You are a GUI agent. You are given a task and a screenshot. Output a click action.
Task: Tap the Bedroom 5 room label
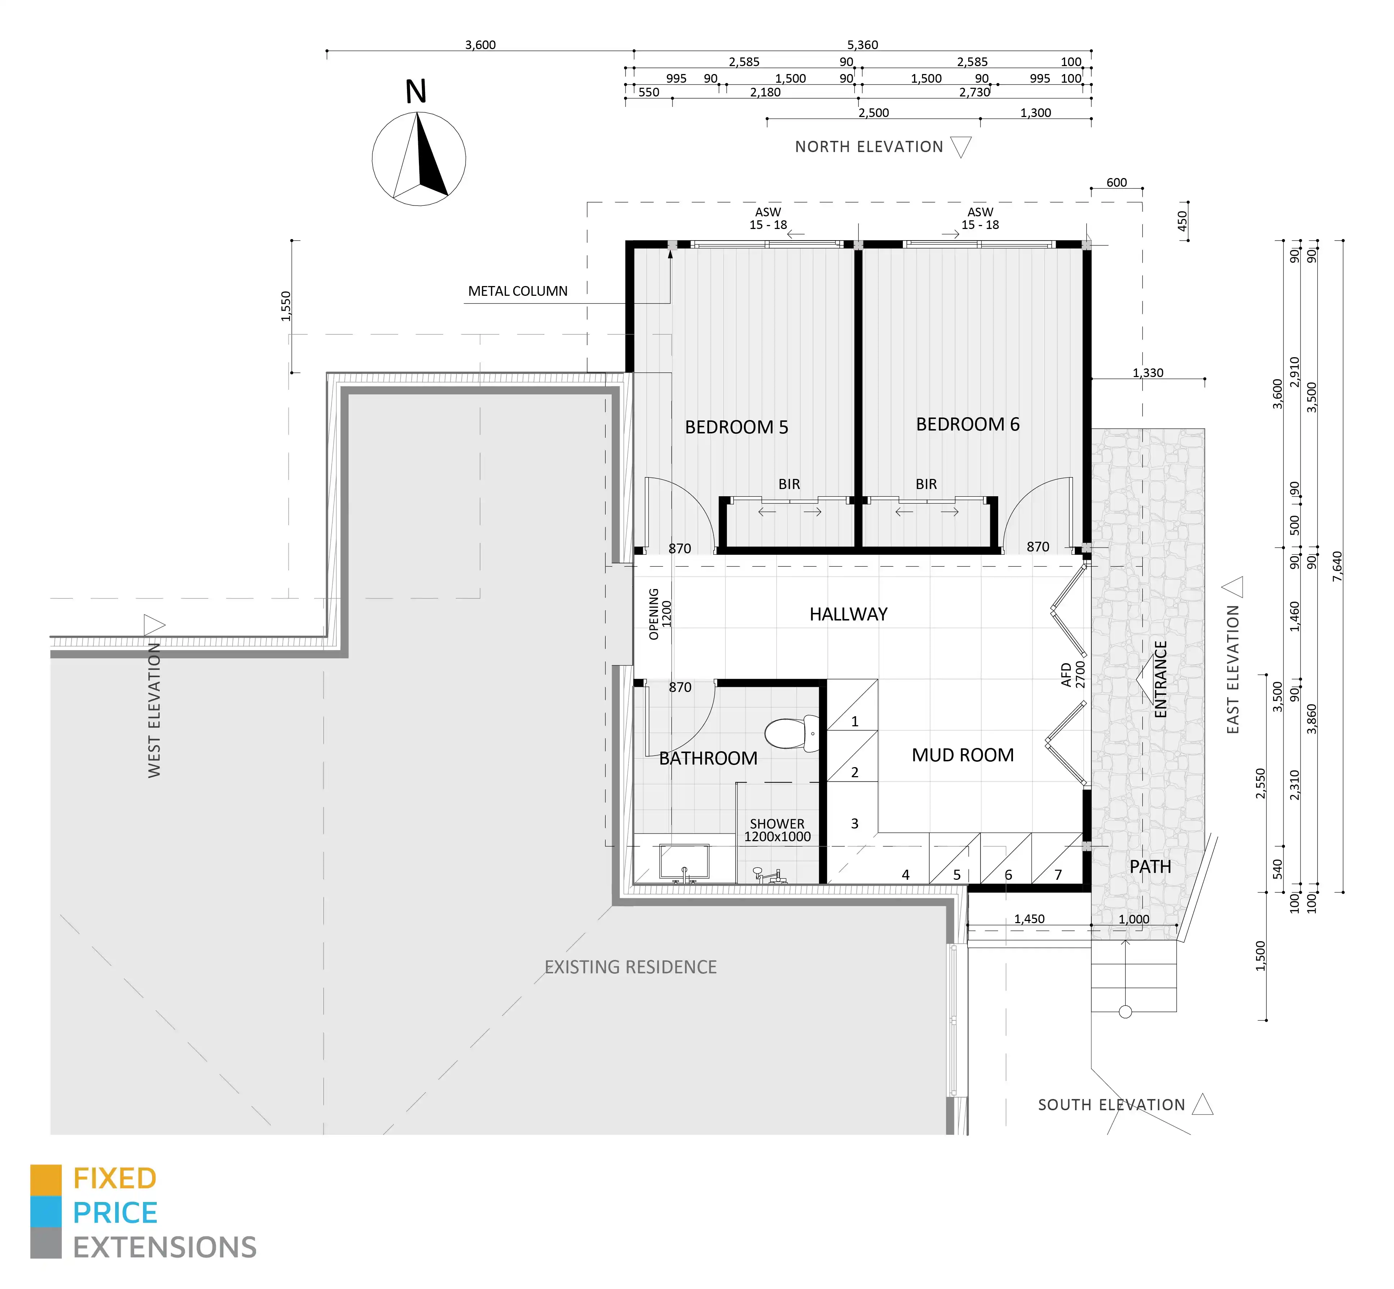(x=736, y=427)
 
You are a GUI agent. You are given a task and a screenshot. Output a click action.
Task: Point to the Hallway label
(x=848, y=614)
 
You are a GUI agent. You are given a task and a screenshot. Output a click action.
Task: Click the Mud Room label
(x=962, y=755)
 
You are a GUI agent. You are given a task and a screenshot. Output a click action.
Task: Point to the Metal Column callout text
(x=518, y=291)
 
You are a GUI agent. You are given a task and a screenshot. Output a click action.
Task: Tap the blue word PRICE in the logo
(x=115, y=1213)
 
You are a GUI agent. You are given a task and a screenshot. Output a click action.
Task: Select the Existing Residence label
(x=631, y=967)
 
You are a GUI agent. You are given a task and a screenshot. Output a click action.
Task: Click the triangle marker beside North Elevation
(x=961, y=147)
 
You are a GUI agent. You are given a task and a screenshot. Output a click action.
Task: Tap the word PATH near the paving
(x=1150, y=866)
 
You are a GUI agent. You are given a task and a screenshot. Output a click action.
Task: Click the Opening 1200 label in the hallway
(x=660, y=614)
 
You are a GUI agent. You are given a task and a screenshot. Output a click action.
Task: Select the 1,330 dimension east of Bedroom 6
(x=1148, y=372)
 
